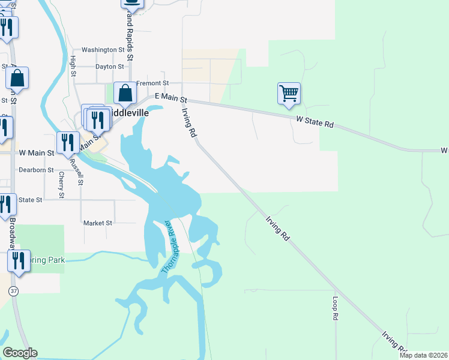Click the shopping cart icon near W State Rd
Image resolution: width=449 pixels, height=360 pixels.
289,94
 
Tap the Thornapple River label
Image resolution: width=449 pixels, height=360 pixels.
169,248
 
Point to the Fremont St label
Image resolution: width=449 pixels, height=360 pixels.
153,83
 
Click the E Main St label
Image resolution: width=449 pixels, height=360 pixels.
171,97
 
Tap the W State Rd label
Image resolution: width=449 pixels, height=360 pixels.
315,122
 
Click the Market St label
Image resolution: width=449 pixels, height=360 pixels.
98,223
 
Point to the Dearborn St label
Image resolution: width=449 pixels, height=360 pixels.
36,170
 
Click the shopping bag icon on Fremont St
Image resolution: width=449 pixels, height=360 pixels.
125,94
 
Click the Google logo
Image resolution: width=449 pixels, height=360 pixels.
20,353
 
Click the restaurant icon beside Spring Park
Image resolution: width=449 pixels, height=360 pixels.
19,261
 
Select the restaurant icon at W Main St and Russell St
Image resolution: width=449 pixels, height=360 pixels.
67,143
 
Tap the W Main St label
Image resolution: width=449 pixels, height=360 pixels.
36,154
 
